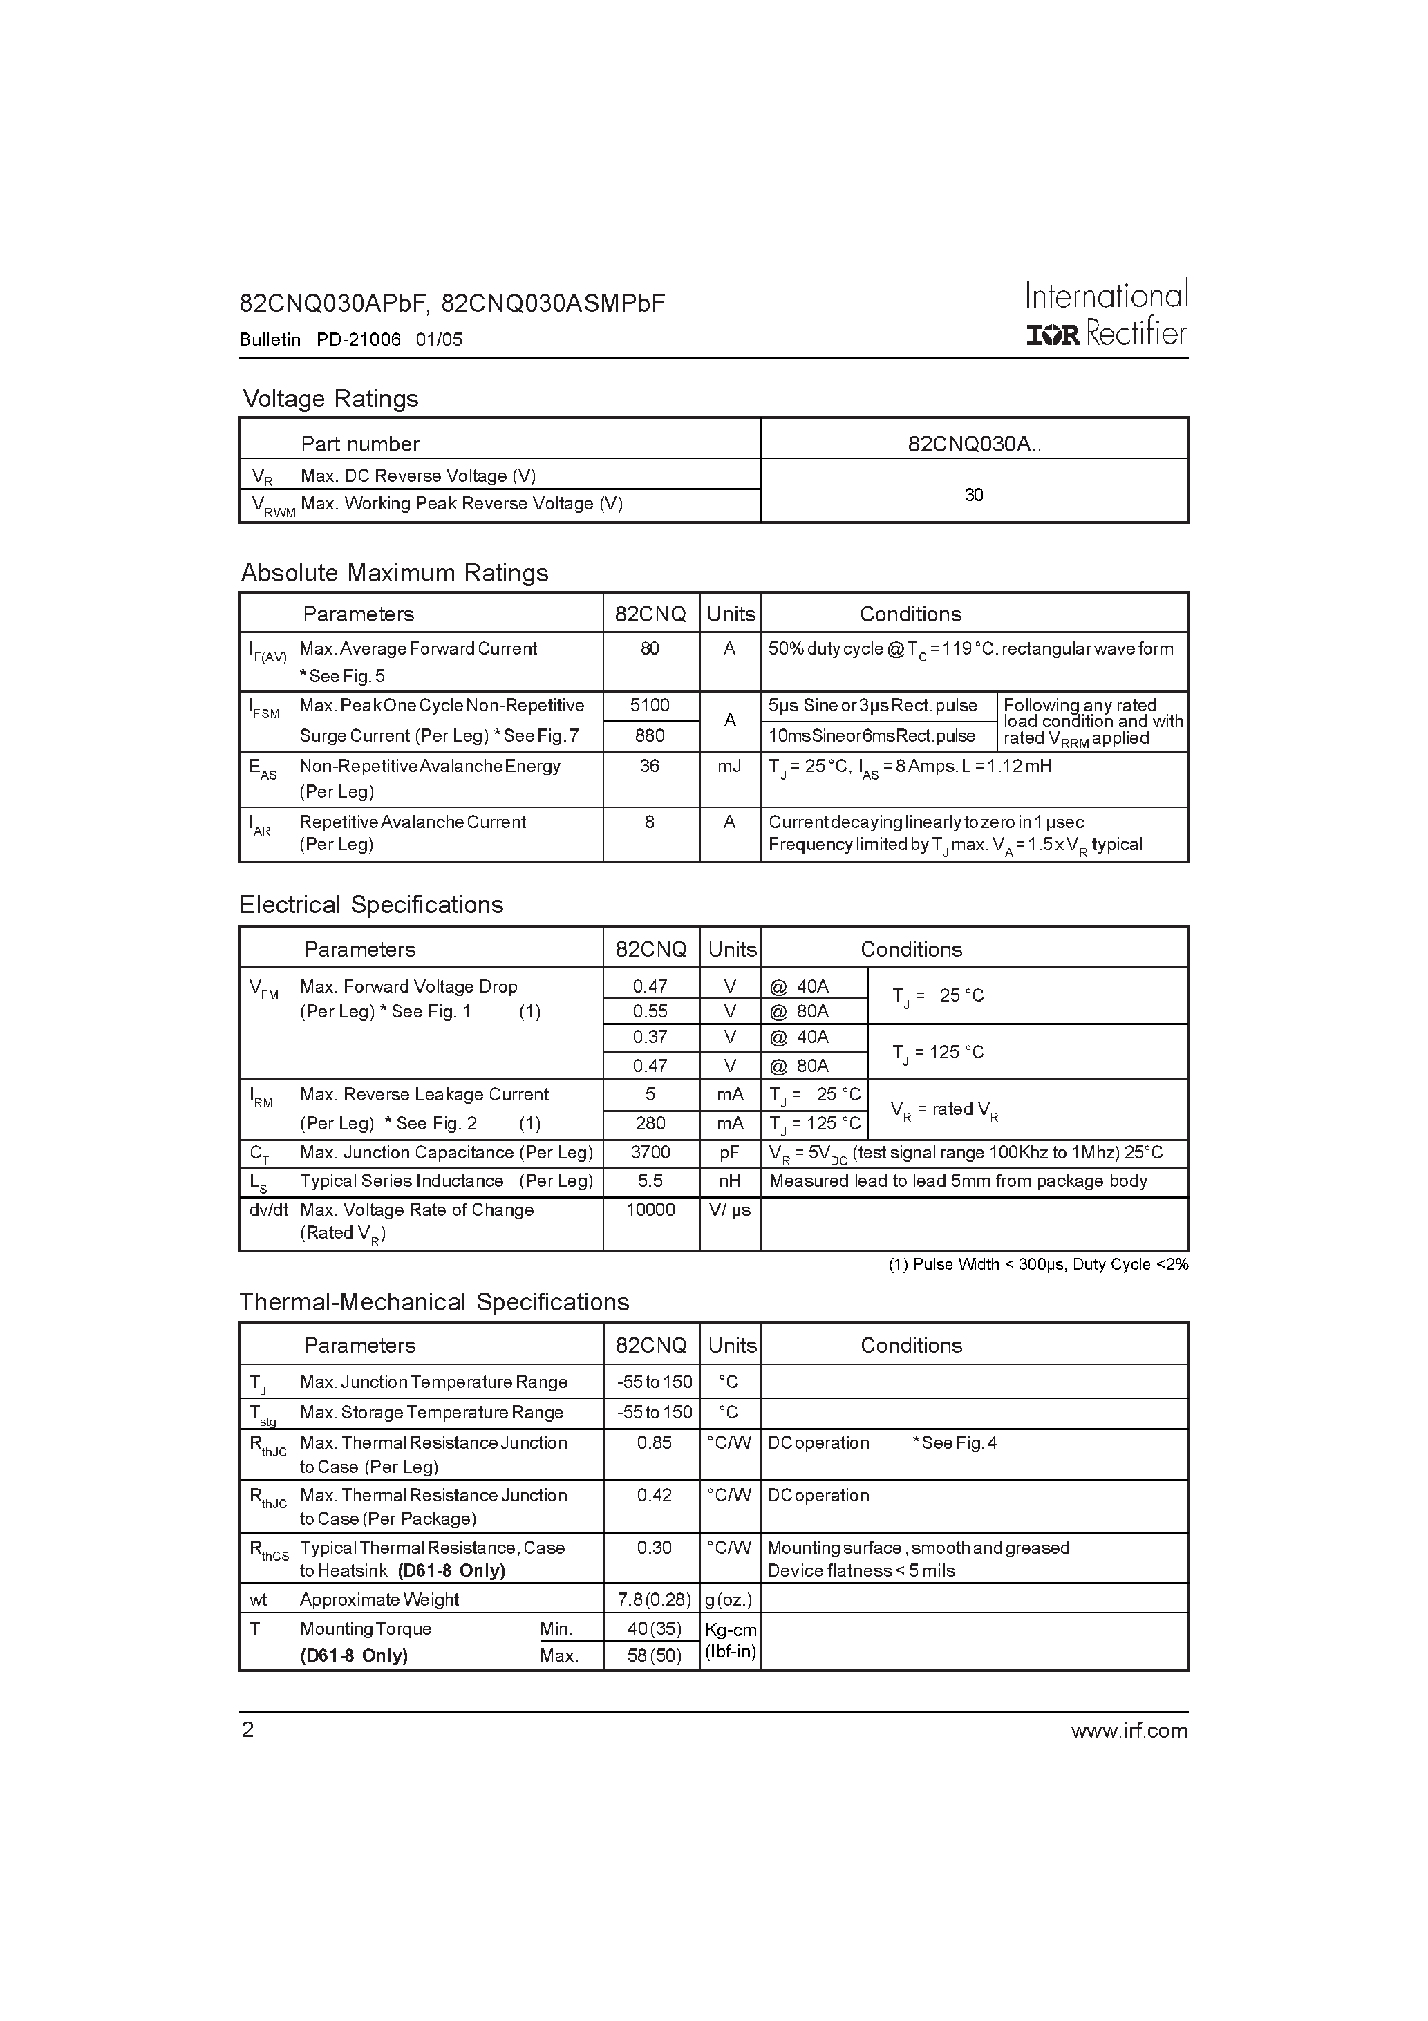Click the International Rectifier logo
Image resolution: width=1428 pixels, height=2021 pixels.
tap(1106, 314)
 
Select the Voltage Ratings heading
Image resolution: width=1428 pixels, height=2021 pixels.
tap(330, 399)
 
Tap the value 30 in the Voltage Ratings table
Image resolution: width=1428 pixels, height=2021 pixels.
tap(974, 495)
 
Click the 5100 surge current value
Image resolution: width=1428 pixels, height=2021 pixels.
tap(650, 705)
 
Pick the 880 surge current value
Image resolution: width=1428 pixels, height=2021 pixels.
tap(650, 735)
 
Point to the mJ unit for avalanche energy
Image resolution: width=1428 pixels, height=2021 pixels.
tap(729, 766)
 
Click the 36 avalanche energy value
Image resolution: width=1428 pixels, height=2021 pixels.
tap(650, 766)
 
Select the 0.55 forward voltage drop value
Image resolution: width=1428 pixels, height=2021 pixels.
tap(650, 1011)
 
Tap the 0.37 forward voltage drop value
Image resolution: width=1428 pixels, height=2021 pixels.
tap(650, 1037)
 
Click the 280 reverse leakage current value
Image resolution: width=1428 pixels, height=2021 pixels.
tap(650, 1123)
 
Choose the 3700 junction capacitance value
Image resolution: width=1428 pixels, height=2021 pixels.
tap(650, 1152)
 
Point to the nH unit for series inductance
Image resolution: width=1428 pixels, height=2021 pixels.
tap(729, 1181)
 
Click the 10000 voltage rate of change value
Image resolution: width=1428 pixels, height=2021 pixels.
tap(650, 1210)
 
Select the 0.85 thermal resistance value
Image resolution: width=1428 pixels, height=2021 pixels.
tap(654, 1442)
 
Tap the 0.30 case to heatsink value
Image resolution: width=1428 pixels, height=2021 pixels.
tap(654, 1548)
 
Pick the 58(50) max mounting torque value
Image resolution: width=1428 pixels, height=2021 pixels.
tap(654, 1655)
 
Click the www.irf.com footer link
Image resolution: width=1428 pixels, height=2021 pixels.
tap(1129, 1731)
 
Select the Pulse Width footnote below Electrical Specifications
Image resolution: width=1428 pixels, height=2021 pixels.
tap(1037, 1265)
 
